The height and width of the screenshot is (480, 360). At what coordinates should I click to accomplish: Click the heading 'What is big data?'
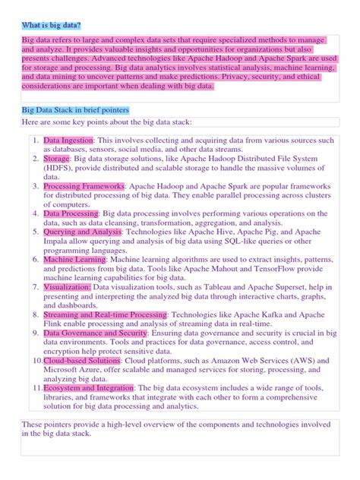(50, 25)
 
